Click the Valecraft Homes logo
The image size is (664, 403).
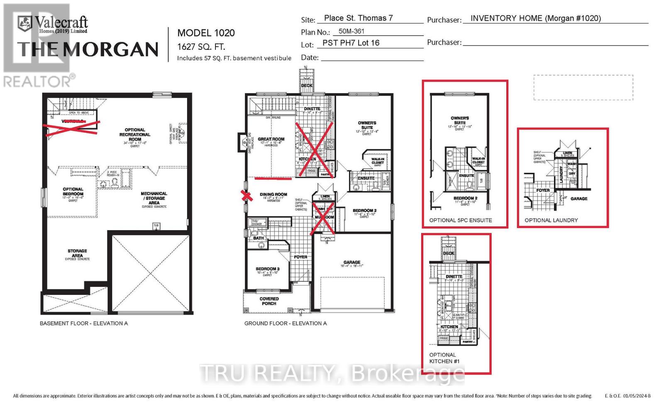(x=53, y=24)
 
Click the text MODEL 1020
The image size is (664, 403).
(x=206, y=33)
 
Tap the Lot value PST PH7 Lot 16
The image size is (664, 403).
(x=351, y=43)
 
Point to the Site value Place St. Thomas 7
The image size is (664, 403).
(x=358, y=18)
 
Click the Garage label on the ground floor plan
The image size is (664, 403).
(x=352, y=262)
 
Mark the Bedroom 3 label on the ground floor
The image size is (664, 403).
(x=267, y=269)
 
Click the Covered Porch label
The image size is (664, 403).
(x=269, y=301)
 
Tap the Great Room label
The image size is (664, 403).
(x=271, y=139)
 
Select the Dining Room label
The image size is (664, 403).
(x=273, y=194)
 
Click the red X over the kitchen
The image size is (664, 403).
(x=314, y=149)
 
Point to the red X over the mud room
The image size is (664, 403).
(x=324, y=219)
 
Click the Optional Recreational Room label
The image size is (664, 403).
(x=135, y=134)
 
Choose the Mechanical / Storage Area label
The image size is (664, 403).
(x=154, y=198)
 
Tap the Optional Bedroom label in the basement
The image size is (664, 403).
(x=73, y=192)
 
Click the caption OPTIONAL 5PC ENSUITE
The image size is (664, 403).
(x=460, y=220)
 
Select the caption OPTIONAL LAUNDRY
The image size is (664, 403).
(x=551, y=220)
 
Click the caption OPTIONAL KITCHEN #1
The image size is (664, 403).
(x=444, y=358)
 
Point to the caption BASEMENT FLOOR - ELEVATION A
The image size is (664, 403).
(x=83, y=323)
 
